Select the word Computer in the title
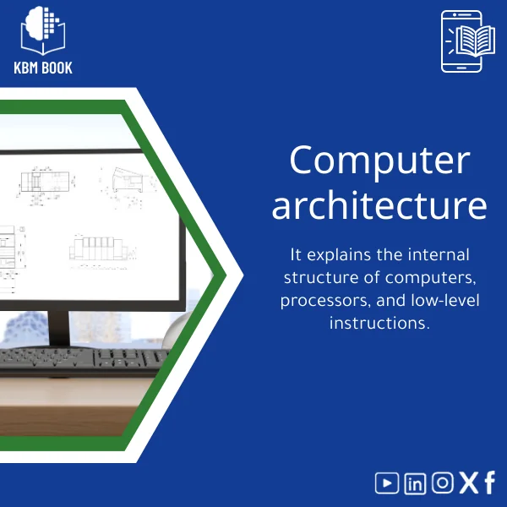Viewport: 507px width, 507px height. coord(378,161)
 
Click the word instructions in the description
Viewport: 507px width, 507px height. coord(379,324)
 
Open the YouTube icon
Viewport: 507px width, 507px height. coord(387,482)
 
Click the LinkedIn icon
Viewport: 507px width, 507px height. coord(415,483)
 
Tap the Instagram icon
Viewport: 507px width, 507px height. coord(442,482)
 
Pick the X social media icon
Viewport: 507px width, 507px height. coord(467,482)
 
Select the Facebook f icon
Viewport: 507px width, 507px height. coord(489,482)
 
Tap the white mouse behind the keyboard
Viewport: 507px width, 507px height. coord(173,334)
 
